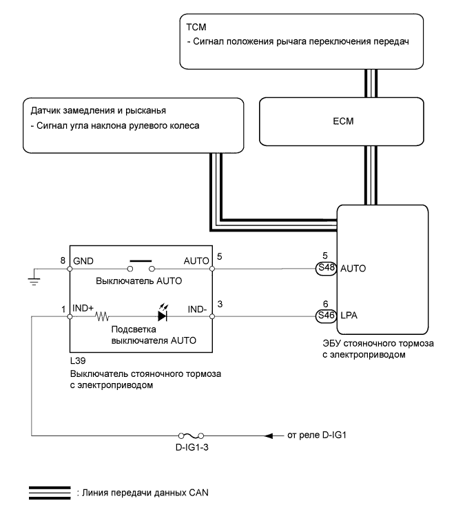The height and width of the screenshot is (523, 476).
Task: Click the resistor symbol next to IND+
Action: pos(104,317)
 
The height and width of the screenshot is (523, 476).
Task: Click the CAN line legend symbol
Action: pos(49,492)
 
